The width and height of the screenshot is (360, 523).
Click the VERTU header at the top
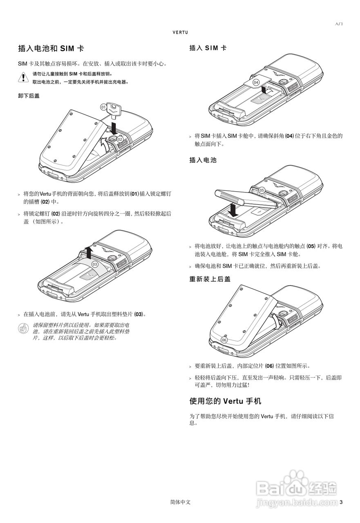click(180, 32)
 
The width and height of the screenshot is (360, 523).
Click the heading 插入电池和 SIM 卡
click(51, 49)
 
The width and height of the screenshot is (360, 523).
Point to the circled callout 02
click(120, 139)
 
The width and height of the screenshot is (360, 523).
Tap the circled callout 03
click(95, 264)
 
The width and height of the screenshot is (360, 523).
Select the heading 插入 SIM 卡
click(208, 48)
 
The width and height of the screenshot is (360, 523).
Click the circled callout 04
click(256, 82)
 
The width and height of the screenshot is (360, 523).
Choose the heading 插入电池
click(203, 160)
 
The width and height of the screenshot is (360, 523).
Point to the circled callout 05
click(262, 190)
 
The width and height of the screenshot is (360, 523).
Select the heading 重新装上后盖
click(210, 279)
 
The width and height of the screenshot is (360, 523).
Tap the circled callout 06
click(224, 340)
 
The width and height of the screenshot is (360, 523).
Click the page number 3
click(341, 502)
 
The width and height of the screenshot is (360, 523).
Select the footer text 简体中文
click(180, 502)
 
